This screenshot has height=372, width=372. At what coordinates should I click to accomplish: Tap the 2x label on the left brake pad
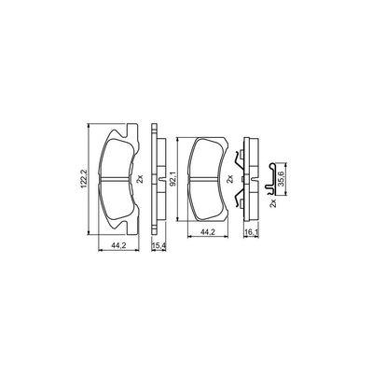[137, 177]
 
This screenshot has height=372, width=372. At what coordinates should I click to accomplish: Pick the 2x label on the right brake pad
[227, 177]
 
